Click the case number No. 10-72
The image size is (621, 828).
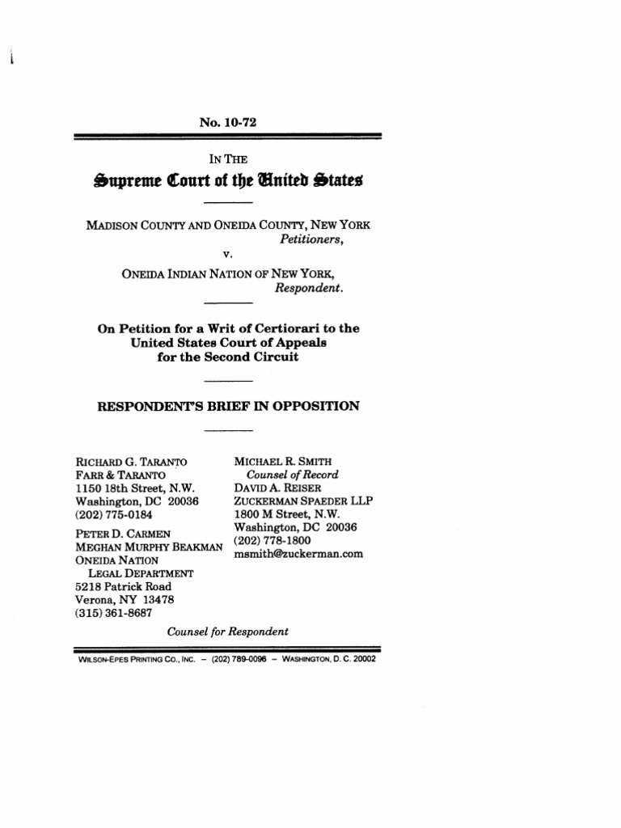tap(227, 123)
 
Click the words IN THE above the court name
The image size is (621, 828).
tap(227, 159)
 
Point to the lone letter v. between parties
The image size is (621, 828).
tap(228, 255)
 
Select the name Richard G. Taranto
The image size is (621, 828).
tap(130, 462)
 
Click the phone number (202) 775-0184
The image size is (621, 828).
tap(113, 514)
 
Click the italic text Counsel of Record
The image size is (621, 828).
tap(292, 475)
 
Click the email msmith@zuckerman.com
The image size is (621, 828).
tap(298, 554)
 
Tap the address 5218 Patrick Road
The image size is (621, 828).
tap(120, 586)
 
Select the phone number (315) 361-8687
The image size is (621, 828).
tap(113, 613)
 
